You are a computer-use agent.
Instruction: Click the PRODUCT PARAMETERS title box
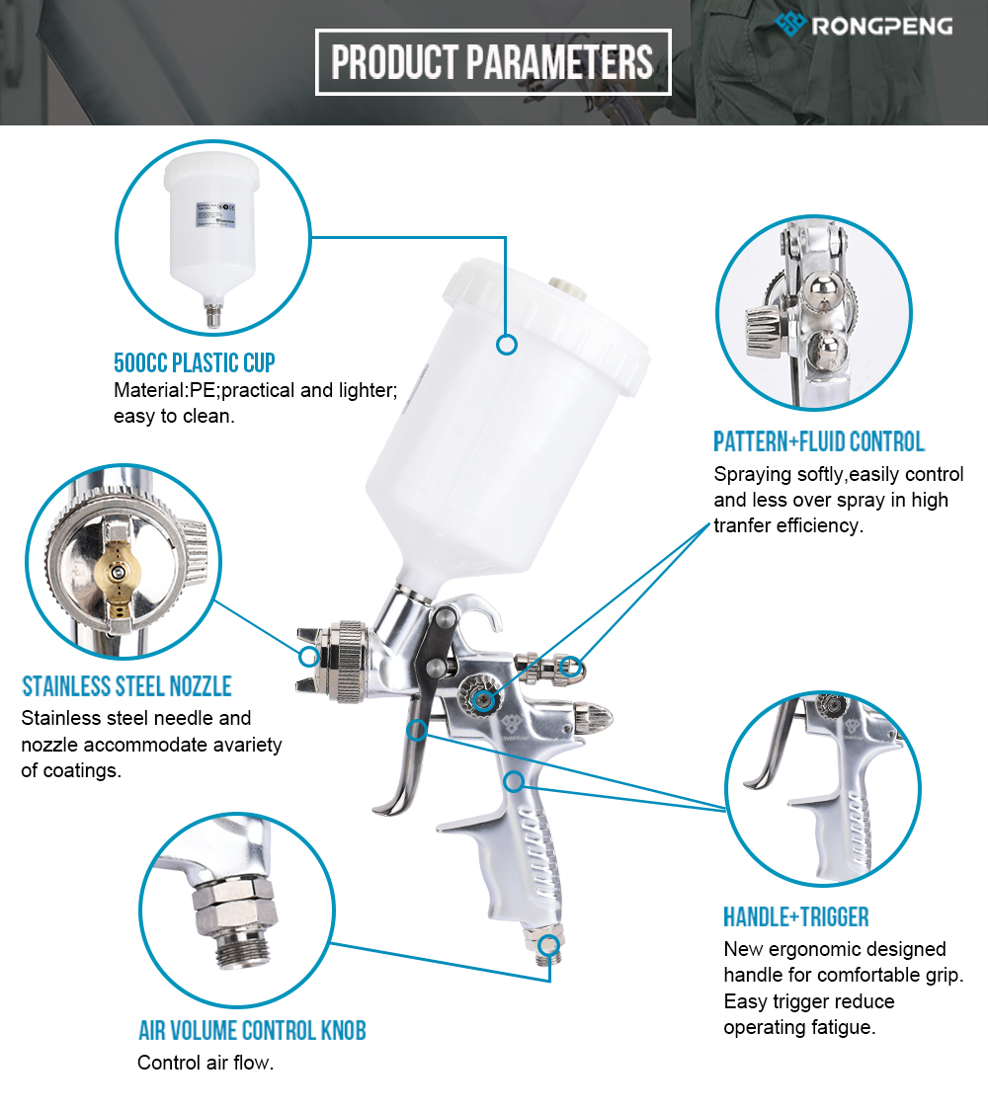click(x=493, y=61)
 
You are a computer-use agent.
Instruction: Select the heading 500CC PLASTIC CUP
click(x=195, y=363)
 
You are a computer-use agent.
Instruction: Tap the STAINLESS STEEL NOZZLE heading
click(x=126, y=685)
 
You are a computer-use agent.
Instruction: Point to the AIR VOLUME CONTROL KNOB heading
click(x=253, y=1030)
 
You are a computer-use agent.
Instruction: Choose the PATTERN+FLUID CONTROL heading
click(x=819, y=441)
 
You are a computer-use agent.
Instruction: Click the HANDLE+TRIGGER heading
click(x=795, y=917)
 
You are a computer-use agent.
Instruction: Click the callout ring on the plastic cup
click(x=507, y=345)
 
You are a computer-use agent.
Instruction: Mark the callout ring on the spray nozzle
click(x=308, y=656)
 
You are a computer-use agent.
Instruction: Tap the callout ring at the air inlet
click(x=548, y=945)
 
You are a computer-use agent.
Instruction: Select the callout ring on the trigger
click(x=417, y=730)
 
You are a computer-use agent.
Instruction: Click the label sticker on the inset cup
click(x=215, y=215)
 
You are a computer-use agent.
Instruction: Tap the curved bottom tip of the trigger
click(x=378, y=810)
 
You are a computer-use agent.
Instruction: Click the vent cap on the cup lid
click(x=565, y=285)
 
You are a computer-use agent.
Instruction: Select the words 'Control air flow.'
click(x=206, y=1063)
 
